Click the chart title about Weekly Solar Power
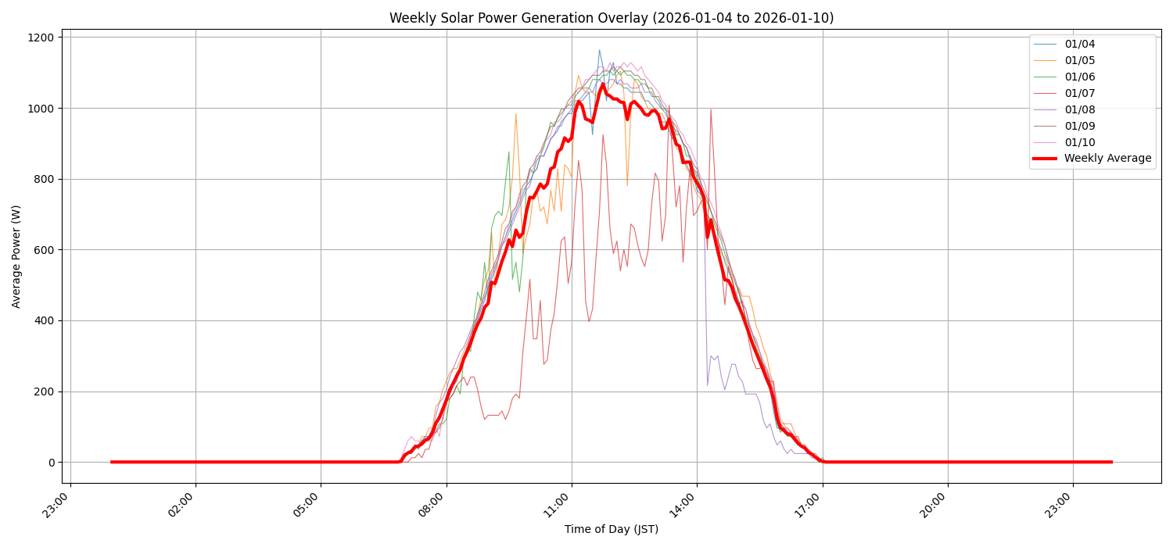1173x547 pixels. pos(612,18)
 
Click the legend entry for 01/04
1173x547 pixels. pos(1079,45)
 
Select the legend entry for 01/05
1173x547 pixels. pos(1079,61)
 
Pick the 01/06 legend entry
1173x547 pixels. pos(1079,77)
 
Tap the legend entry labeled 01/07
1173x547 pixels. pos(1079,94)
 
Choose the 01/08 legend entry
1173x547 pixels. pos(1079,110)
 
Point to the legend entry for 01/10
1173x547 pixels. pos(1079,142)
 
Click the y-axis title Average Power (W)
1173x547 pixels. pos(16,256)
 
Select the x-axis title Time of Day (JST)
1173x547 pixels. pos(612,530)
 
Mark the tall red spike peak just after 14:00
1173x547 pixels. pos(710,109)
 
